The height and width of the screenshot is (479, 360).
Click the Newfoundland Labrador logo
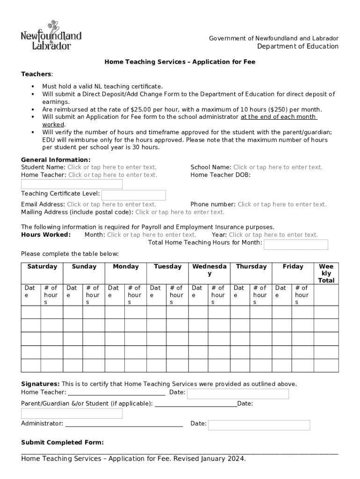(51, 35)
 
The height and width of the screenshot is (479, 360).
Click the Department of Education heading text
(297, 46)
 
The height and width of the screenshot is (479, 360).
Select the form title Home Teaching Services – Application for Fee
(180, 62)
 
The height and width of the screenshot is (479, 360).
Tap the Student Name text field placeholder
(112, 167)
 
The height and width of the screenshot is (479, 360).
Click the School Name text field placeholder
(278, 167)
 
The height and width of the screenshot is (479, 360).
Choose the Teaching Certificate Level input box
(134, 195)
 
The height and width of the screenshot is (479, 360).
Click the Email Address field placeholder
(111, 204)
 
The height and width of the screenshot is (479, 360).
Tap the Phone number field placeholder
(282, 204)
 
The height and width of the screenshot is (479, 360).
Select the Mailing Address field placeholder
(180, 212)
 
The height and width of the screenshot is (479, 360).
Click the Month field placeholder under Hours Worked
(151, 235)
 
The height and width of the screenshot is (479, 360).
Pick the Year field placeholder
(273, 235)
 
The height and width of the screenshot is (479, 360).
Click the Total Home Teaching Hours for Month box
(296, 245)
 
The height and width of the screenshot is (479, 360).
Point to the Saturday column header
(42, 267)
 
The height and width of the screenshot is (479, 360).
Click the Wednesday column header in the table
(209, 270)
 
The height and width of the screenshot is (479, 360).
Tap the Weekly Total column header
(326, 273)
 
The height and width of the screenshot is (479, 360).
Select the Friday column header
(293, 267)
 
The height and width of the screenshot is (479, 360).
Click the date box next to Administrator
(259, 425)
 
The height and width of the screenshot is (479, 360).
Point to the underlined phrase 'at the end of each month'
(279, 117)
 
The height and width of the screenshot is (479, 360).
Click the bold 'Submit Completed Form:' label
(63, 443)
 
